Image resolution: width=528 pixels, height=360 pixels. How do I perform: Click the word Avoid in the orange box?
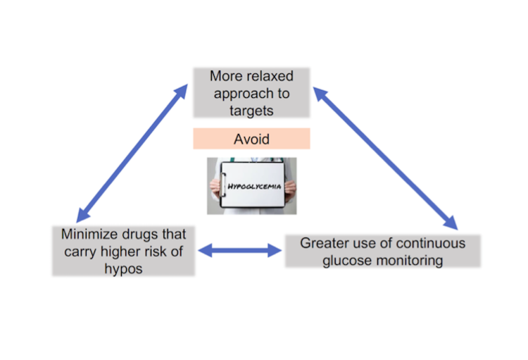tap(251, 139)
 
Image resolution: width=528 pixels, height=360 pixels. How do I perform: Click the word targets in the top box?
tap(251, 110)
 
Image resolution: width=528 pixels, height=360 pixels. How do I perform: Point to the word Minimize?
tap(90, 235)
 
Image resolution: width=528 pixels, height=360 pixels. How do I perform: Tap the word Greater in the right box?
tap(325, 243)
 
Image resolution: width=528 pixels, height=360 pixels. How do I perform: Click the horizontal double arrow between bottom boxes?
tap(241, 250)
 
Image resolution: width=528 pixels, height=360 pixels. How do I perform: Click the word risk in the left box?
tap(163, 252)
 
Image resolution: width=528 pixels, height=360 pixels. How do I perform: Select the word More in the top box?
tap(225, 75)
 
